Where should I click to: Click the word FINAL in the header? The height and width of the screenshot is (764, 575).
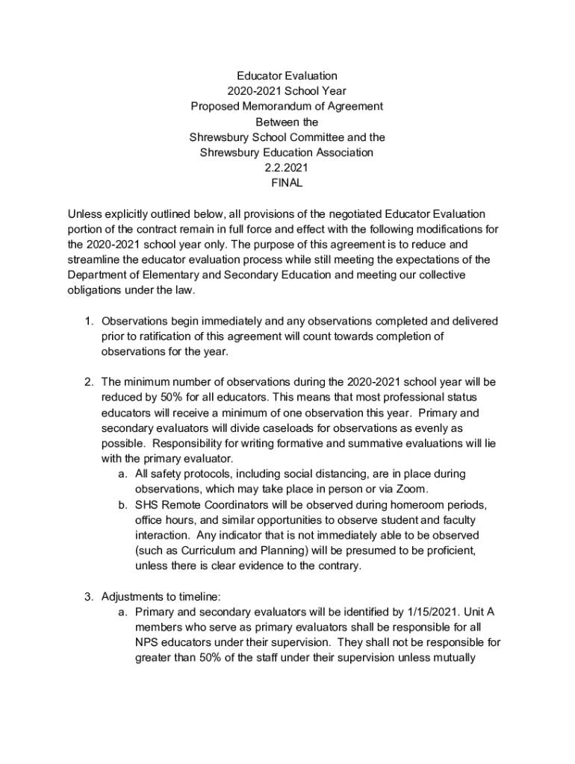click(x=287, y=182)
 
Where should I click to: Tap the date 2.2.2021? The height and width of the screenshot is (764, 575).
click(x=287, y=168)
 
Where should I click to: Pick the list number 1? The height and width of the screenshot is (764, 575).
click(x=87, y=322)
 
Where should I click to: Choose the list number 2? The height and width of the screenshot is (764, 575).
click(x=87, y=382)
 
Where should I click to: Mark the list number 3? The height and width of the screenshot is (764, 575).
click(x=87, y=597)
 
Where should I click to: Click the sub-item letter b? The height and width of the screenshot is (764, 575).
click(x=121, y=505)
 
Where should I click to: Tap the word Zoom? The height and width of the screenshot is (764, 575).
click(x=413, y=489)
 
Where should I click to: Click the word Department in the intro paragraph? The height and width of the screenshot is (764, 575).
click(x=99, y=275)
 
